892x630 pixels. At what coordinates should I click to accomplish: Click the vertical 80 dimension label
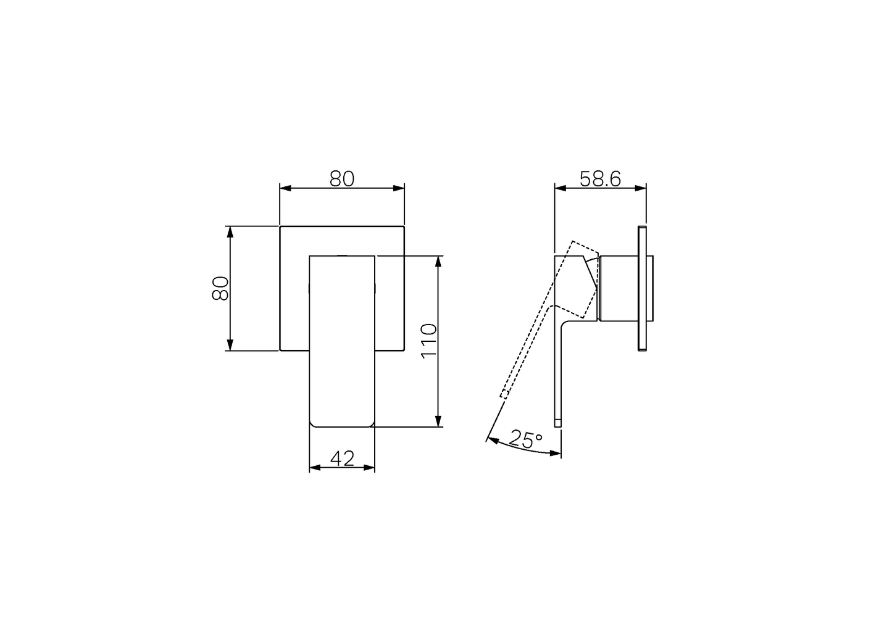pyautogui.click(x=220, y=288)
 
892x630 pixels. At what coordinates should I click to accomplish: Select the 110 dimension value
pyautogui.click(x=428, y=341)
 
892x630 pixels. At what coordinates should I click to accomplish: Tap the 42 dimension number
pyautogui.click(x=342, y=458)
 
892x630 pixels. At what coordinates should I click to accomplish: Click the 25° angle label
pyautogui.click(x=525, y=440)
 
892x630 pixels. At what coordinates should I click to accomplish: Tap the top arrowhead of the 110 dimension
pyautogui.click(x=438, y=261)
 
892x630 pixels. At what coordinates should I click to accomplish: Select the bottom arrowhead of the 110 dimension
pyautogui.click(x=438, y=421)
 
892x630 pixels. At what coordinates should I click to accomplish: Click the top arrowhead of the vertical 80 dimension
pyautogui.click(x=230, y=232)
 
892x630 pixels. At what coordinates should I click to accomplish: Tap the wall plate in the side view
pyautogui.click(x=642, y=289)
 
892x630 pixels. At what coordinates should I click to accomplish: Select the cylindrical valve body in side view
pyautogui.click(x=617, y=288)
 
